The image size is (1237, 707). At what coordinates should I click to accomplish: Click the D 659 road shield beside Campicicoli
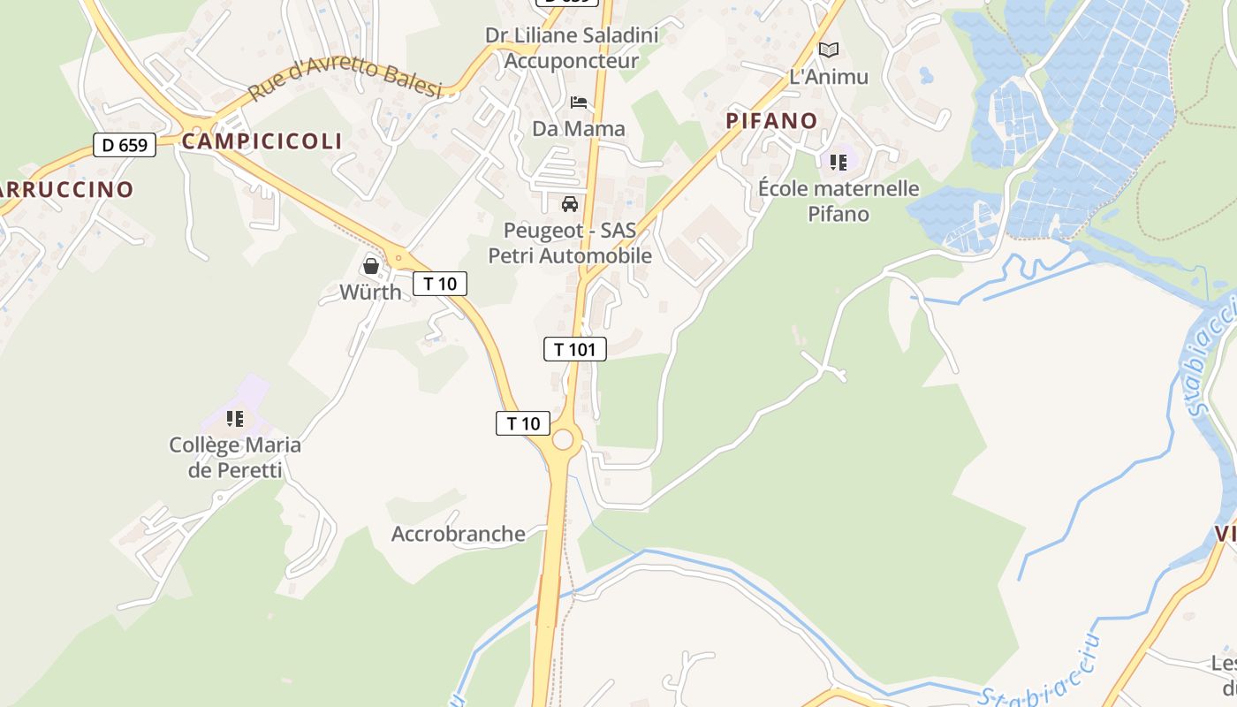125,145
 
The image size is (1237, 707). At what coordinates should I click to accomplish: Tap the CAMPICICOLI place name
262,141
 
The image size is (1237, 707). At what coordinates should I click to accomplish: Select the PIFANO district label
771,120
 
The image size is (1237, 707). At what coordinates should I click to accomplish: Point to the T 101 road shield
574,349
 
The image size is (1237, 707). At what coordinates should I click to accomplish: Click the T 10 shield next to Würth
439,284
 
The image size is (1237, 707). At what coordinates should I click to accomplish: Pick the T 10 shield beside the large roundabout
522,423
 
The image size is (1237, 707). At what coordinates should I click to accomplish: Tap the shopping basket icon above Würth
371,265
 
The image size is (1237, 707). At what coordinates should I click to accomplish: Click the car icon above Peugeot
570,204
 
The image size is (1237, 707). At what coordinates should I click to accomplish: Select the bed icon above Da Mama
579,103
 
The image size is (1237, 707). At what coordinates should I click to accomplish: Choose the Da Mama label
578,129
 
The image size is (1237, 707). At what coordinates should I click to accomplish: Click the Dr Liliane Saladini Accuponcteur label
572,48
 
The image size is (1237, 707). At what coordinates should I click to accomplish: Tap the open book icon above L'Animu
828,49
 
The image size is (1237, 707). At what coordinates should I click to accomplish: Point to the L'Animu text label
828,77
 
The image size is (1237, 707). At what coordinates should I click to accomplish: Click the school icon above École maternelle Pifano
838,162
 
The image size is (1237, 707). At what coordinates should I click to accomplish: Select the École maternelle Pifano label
839,201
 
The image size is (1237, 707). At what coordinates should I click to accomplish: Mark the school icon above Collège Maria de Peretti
234,418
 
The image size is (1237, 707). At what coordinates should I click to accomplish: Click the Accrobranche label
458,534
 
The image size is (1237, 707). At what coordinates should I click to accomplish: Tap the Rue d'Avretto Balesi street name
345,80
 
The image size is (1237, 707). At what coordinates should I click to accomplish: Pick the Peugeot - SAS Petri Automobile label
570,243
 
